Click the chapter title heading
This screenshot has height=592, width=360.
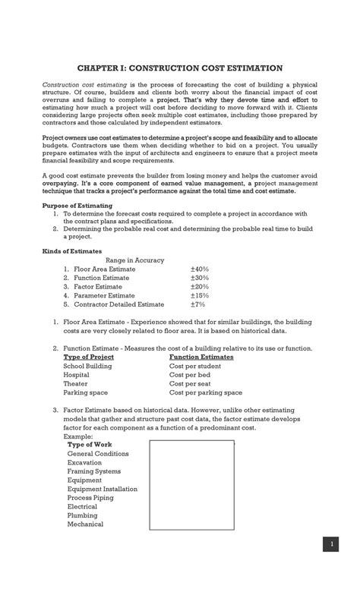pyautogui.click(x=179, y=68)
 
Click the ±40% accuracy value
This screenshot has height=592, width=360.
pyautogui.click(x=199, y=269)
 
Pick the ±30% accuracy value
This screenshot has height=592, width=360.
pyautogui.click(x=199, y=278)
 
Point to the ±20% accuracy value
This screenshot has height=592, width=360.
pyautogui.click(x=199, y=287)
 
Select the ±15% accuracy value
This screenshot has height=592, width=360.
pyautogui.click(x=199, y=295)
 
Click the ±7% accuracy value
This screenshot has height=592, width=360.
pyautogui.click(x=197, y=304)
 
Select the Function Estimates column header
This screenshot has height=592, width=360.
pyautogui.click(x=201, y=357)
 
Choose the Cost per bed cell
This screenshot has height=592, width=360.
pyautogui.click(x=190, y=375)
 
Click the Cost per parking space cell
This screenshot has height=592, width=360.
pyautogui.click(x=206, y=393)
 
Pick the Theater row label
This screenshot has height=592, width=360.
pyautogui.click(x=75, y=384)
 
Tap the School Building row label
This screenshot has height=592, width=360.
pyautogui.click(x=87, y=366)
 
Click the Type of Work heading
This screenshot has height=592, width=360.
pyautogui.click(x=90, y=444)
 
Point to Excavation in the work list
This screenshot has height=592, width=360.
pyautogui.click(x=85, y=462)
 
